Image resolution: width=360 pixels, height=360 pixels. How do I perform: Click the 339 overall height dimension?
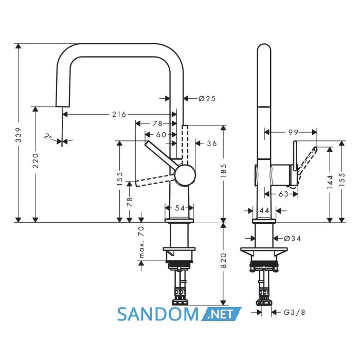click(x=19, y=135)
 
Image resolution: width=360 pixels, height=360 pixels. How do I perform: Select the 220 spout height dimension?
click(x=35, y=160)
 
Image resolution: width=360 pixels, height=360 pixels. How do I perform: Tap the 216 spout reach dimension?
click(x=119, y=114)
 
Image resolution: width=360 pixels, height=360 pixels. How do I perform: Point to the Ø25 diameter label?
click(x=207, y=99)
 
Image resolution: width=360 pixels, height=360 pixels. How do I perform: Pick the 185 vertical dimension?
click(x=223, y=171)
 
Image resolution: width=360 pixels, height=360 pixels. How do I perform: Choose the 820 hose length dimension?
click(x=223, y=260)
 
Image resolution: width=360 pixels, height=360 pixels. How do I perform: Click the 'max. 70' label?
click(x=141, y=242)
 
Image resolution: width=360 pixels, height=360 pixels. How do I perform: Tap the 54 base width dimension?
click(x=180, y=208)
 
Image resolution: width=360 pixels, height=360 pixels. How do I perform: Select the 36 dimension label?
click(x=212, y=143)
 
